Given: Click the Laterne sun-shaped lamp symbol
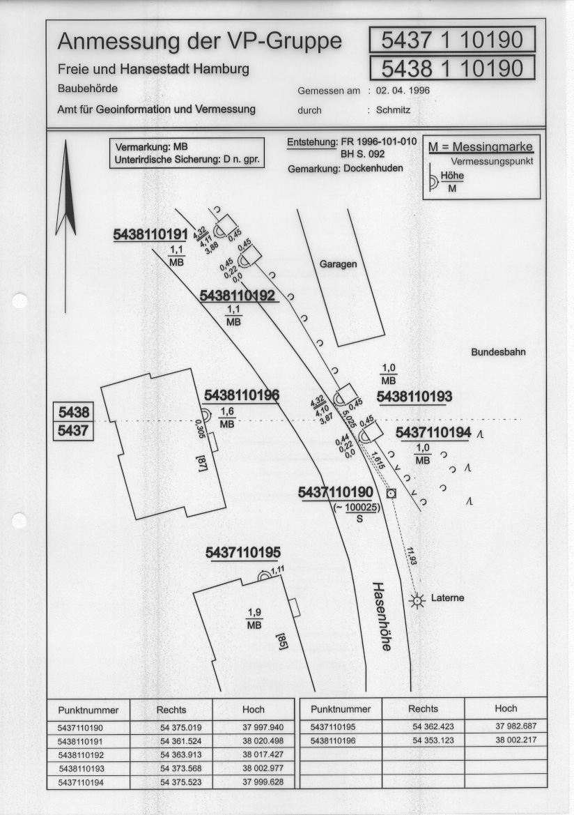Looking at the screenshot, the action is [416, 601].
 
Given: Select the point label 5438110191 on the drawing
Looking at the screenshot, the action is [150, 235].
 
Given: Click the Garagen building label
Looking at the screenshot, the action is [338, 264].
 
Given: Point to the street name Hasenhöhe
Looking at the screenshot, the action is [382, 616].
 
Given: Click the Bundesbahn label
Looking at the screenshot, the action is [498, 352].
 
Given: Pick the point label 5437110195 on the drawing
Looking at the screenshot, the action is [243, 553].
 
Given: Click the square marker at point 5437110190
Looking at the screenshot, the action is [391, 494].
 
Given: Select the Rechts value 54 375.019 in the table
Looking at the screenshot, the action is [181, 728].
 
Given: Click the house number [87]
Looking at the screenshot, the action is [202, 463].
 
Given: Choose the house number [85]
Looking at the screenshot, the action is [282, 641].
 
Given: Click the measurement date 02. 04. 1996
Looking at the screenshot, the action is [403, 91].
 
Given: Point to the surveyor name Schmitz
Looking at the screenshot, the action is [393, 110].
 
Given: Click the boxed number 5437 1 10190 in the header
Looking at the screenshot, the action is [452, 40].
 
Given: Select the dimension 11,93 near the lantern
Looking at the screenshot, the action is [412, 556].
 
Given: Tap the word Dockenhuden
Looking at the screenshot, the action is [373, 169].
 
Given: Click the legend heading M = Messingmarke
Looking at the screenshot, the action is [481, 147].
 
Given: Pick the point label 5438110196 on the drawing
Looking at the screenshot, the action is [242, 396].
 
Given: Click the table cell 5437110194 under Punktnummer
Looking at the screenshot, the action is [81, 782].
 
